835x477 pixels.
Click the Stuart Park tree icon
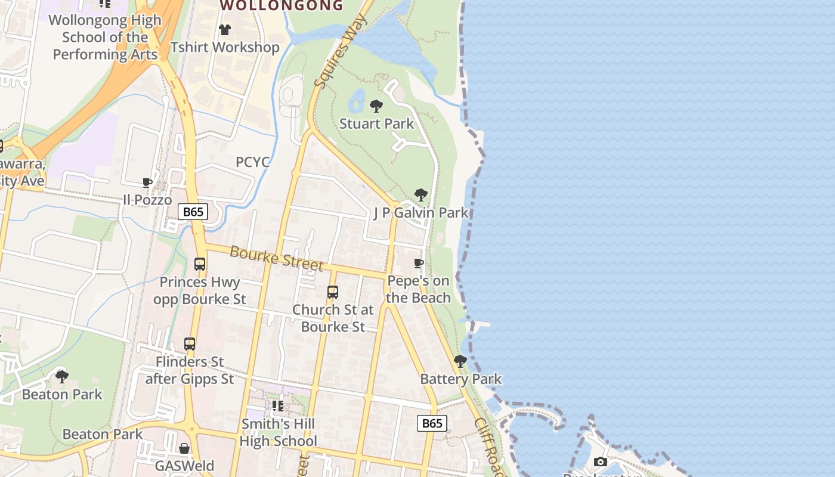[376, 106]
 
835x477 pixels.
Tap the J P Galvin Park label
[420, 213]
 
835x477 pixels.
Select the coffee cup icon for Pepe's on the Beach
[419, 263]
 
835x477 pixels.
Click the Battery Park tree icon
[460, 361]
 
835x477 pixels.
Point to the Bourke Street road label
[276, 258]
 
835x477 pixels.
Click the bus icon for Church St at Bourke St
[333, 292]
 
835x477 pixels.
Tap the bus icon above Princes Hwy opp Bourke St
[200, 264]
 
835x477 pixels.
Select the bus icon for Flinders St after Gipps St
[190, 343]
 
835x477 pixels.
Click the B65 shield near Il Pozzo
[193, 212]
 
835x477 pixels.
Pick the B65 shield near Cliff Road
[431, 423]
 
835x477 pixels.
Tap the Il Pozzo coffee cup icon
[147, 182]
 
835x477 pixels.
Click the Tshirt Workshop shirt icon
[225, 30]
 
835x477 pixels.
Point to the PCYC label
[252, 162]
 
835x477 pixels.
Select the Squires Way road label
[339, 51]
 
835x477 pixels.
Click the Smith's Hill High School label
[279, 433]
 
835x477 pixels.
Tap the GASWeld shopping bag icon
[184, 448]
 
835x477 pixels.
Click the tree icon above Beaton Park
[61, 376]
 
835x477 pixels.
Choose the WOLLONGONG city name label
[282, 6]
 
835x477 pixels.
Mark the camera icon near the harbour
[601, 461]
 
